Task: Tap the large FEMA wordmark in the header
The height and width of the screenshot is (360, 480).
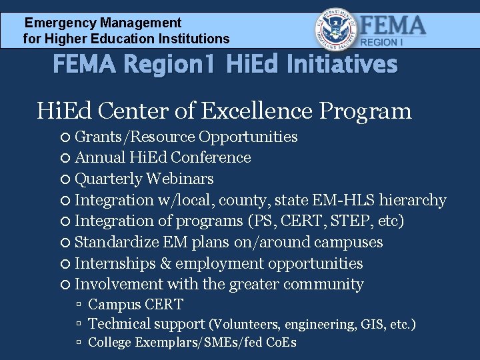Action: point(393,25)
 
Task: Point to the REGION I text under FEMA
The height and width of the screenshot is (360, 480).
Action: point(382,42)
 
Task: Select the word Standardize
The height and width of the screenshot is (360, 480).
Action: point(118,242)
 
